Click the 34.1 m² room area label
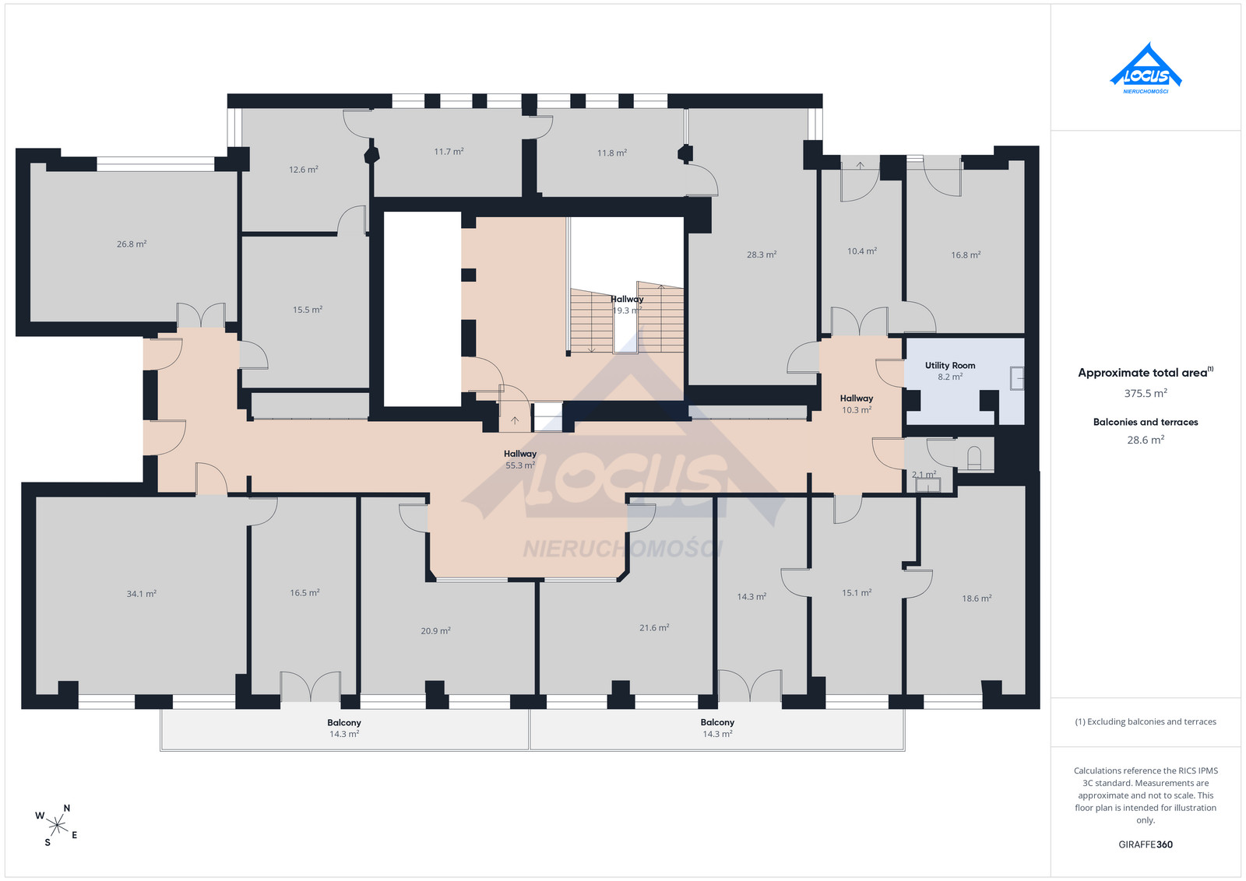coord(141,594)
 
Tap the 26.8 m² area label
coord(132,244)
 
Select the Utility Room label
coord(950,365)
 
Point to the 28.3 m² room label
coord(762,254)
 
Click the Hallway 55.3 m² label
coord(520,460)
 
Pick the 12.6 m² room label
coord(303,170)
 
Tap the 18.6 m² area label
coord(977,598)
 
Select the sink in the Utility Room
coord(1017,378)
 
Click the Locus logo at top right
coord(1146,68)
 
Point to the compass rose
coord(57,826)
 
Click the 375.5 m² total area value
coord(1146,393)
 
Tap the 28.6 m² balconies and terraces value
coord(1146,440)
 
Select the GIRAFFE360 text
coord(1146,844)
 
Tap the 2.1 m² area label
coord(924,475)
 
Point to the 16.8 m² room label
coord(966,255)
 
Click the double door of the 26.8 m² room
coord(201,315)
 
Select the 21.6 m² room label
coord(654,627)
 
